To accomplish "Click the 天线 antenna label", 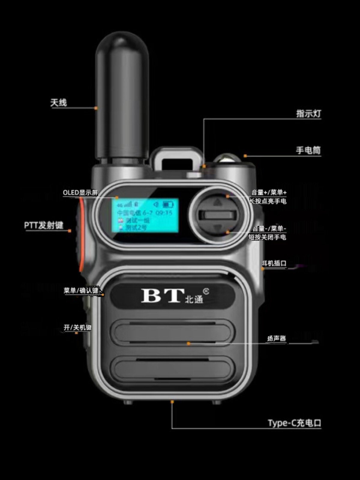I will point(58,103).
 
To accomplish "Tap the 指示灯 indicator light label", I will point(308,114).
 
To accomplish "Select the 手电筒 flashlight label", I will point(308,150).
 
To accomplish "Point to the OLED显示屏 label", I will point(80,192).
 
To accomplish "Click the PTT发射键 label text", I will point(44,225).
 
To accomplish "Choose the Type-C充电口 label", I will point(294,423).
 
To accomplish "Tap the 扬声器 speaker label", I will point(277,339).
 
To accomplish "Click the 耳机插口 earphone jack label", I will point(274,263).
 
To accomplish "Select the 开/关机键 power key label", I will point(77,327).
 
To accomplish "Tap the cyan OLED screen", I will point(145,215).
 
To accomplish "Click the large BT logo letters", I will point(162,295).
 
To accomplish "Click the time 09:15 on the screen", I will point(164,213).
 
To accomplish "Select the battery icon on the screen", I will point(168,205).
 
